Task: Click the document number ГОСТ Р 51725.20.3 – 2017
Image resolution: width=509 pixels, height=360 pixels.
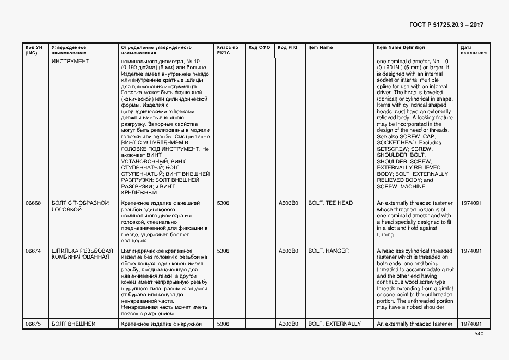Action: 446,25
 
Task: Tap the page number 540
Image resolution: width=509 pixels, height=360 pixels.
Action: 479,334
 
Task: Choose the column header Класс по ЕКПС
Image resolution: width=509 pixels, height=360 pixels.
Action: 227,50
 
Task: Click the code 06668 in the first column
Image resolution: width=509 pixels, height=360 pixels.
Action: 33,203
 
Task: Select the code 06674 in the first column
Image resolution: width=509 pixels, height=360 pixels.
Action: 33,251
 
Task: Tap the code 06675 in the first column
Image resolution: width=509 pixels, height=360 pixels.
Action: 33,324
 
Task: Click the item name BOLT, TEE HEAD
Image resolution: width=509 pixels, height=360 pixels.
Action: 330,203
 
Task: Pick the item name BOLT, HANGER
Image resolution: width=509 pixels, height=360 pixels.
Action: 328,251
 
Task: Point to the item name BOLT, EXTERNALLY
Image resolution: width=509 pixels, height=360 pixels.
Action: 334,324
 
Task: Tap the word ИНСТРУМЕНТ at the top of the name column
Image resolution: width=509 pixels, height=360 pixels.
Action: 70,62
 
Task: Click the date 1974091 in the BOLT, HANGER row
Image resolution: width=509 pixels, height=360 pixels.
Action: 471,251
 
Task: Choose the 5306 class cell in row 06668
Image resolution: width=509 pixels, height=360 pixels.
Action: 223,203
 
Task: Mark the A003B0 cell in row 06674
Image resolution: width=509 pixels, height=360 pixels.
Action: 288,251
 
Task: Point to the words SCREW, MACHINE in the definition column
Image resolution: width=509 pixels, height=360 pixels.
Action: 401,187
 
